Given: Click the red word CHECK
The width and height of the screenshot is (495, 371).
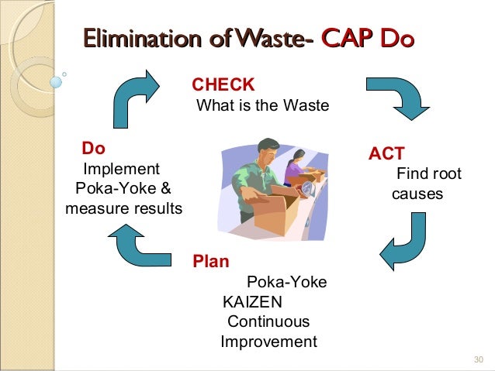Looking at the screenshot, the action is (223, 84).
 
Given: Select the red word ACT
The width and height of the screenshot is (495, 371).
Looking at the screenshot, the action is (386, 153).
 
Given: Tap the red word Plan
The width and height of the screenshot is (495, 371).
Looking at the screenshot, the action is (211, 262).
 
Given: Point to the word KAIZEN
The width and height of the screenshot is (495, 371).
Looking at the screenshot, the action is (252, 301).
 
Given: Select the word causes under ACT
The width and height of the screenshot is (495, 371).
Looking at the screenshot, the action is (417, 194).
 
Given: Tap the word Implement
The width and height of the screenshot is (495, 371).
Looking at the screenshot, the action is (121, 169).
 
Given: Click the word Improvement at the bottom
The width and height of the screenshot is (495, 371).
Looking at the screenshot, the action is (268, 342).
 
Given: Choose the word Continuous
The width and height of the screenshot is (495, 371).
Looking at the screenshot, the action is (268, 321).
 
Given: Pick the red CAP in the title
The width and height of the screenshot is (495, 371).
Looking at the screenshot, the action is (347, 38).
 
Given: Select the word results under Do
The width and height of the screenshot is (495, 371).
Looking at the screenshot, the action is (158, 209).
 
